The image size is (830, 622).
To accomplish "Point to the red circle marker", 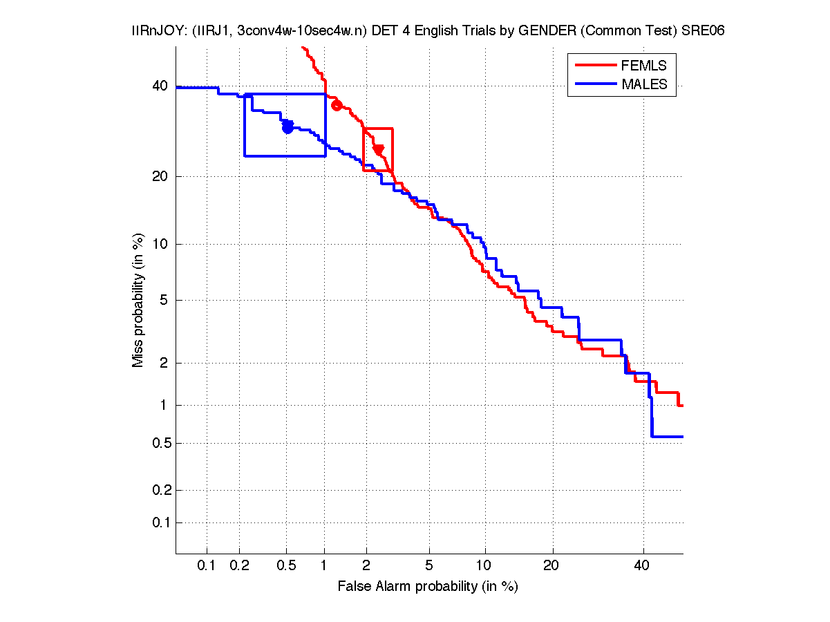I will click(337, 105).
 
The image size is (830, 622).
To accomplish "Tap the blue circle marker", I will click(288, 128).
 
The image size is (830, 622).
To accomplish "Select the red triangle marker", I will click(378, 150).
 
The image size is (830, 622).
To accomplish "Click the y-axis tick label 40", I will click(160, 86).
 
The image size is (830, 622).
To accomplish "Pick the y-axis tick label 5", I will click(164, 300).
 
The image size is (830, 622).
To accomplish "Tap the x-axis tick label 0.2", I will click(239, 565).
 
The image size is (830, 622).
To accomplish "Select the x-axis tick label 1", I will click(325, 565).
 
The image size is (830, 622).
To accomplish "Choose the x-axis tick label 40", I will click(643, 565).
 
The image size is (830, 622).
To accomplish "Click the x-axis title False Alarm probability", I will click(428, 587).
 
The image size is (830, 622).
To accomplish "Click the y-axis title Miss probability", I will click(138, 300).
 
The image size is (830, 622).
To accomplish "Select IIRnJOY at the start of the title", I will click(156, 31).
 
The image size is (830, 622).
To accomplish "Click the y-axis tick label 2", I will click(164, 362).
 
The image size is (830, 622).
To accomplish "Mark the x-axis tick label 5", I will click(429, 565).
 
